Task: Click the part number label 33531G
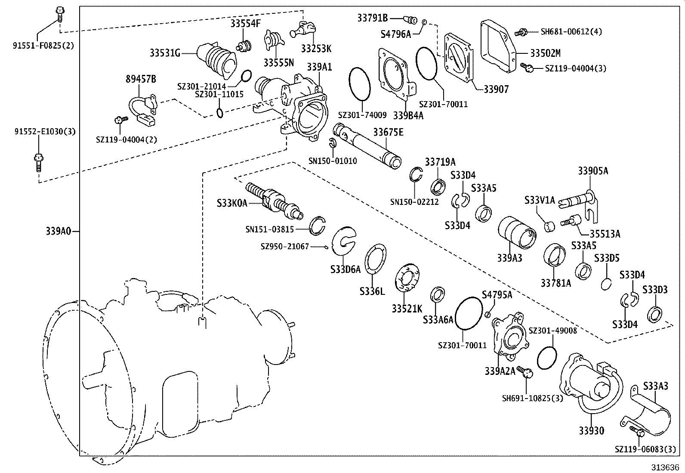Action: (x=165, y=53)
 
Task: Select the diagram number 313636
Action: (x=664, y=467)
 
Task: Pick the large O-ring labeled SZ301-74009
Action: (x=359, y=83)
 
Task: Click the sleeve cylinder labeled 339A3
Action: (x=517, y=232)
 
